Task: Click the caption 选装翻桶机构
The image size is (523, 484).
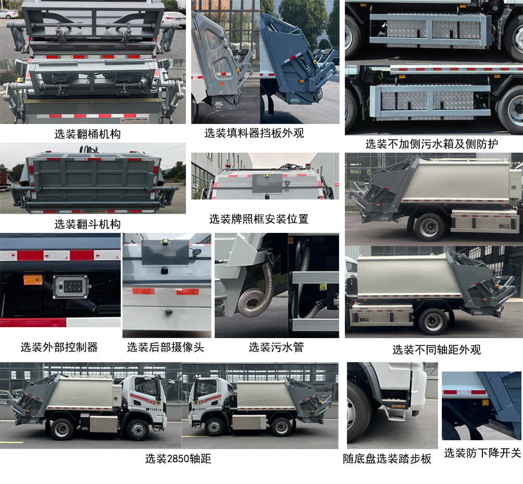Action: pyautogui.click(x=88, y=134)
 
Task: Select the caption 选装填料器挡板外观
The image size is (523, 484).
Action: pyautogui.click(x=254, y=133)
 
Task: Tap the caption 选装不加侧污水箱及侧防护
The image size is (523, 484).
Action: pyautogui.click(x=431, y=144)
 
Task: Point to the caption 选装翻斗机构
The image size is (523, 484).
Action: pyautogui.click(x=88, y=225)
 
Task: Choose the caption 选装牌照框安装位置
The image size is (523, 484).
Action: pyautogui.click(x=259, y=219)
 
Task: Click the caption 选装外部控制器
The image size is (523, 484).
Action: pyautogui.click(x=59, y=347)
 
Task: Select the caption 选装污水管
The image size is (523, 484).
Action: pyautogui.click(x=276, y=347)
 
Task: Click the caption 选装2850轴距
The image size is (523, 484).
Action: pyautogui.click(x=178, y=459)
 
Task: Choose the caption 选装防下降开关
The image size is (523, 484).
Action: pyautogui.click(x=482, y=453)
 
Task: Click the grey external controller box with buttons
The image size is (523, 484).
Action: pyautogui.click(x=71, y=287)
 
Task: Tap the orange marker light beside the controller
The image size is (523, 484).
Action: pyautogui.click(x=32, y=280)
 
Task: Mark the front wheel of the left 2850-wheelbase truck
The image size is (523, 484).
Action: pyautogui.click(x=138, y=429)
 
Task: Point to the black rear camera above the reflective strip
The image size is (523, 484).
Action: pyautogui.click(x=164, y=269)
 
